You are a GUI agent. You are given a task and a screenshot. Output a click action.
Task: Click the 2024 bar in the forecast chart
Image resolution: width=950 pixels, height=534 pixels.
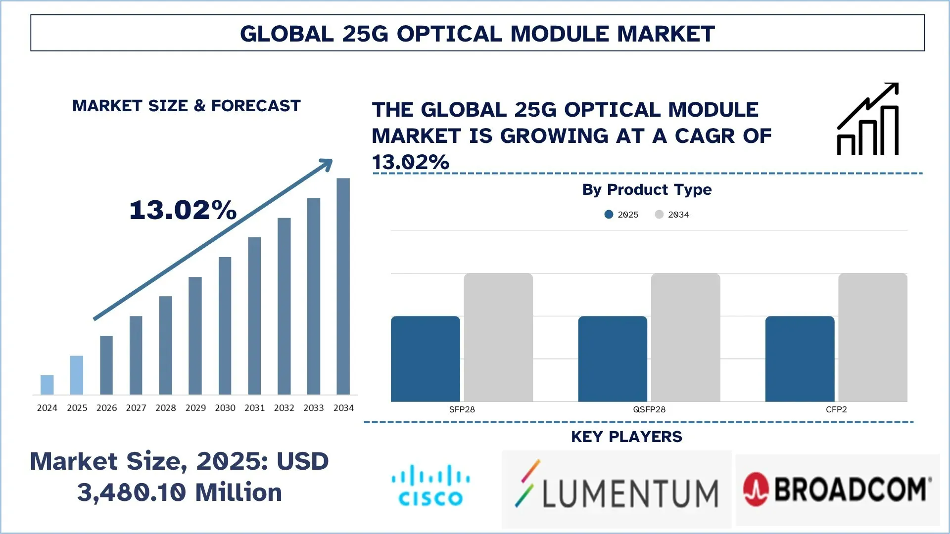coord(47,385)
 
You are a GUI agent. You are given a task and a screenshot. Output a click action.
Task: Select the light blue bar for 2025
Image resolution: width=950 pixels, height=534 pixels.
coord(77,375)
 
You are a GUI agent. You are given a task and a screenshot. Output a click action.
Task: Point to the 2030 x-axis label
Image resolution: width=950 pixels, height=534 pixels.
coord(225,408)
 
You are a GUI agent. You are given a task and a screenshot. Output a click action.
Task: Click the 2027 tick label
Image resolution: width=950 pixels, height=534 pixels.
coord(136,408)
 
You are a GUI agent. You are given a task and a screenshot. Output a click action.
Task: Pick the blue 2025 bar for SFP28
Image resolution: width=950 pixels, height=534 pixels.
coord(426,358)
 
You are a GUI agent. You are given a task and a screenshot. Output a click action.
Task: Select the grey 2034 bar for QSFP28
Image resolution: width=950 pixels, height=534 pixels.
coord(685,337)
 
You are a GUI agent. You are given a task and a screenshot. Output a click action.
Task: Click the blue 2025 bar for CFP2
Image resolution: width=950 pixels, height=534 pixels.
coord(800,358)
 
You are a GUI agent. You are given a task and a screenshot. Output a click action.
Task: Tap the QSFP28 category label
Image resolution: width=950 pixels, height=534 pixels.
coord(649,409)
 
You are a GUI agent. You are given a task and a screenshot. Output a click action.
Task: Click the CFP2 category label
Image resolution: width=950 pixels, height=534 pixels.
coord(836,409)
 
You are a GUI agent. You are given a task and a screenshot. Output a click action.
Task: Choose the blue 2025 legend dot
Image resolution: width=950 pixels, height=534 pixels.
coord(609,214)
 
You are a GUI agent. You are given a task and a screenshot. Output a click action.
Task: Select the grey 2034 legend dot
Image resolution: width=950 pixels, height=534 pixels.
coord(659,214)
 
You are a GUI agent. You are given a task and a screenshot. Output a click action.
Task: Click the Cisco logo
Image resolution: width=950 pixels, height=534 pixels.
coord(430,486)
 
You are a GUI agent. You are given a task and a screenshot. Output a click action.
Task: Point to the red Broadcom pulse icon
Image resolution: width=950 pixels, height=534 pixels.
coord(756,489)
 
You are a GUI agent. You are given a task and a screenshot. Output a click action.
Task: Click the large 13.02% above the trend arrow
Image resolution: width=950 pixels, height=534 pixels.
coord(183,210)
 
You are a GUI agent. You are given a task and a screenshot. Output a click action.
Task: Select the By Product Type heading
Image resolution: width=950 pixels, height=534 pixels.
coord(647,189)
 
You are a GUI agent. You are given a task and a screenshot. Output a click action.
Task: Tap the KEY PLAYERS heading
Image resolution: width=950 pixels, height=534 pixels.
coord(626,437)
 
